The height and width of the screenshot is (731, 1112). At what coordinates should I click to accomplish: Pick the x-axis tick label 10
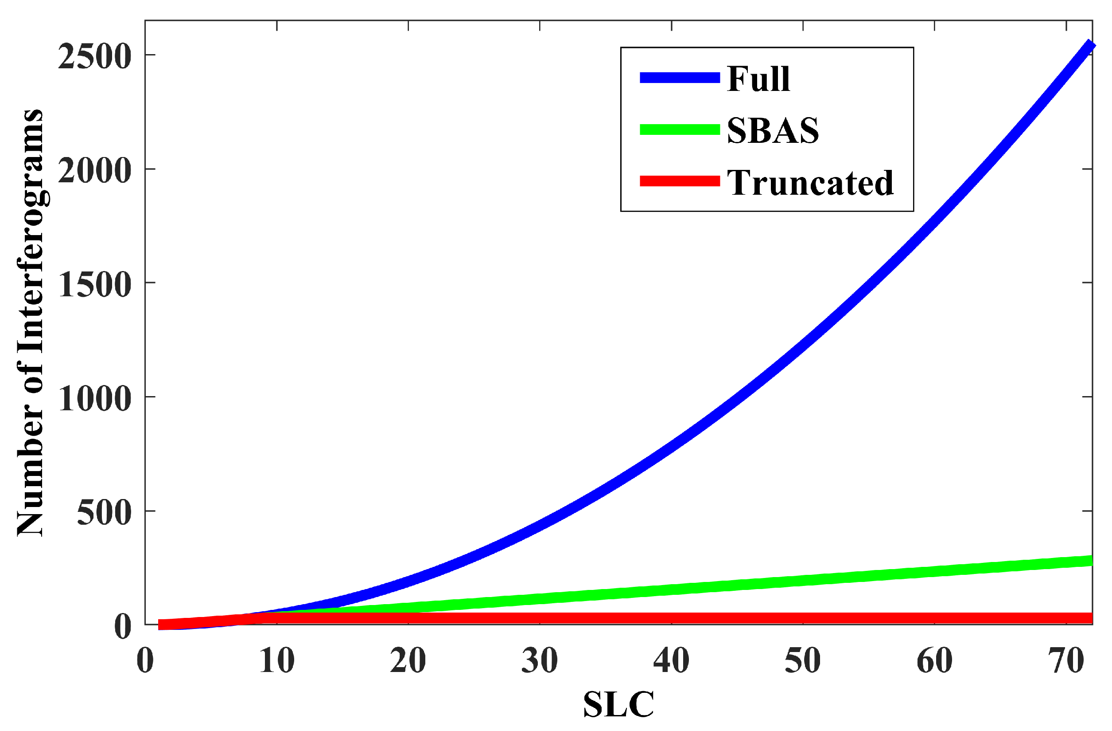coord(276,661)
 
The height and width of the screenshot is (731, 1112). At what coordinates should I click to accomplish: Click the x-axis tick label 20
coord(408,661)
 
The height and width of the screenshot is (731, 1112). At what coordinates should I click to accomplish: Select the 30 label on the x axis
coord(540,661)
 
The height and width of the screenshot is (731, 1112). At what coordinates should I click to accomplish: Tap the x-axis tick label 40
coord(671,661)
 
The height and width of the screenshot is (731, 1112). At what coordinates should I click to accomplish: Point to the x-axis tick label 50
coord(803,661)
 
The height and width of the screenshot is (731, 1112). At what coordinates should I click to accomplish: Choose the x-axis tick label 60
coord(934,661)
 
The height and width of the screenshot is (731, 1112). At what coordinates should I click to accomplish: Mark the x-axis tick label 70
coord(1066,661)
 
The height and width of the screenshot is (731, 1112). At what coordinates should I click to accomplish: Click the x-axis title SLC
coord(618,704)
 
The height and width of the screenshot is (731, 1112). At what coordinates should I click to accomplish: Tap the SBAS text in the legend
coord(773,130)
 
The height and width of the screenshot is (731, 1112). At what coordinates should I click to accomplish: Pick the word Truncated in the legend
coord(810,182)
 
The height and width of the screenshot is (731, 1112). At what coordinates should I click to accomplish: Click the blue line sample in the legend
coord(680,78)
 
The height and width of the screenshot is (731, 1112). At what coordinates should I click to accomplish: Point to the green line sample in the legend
coord(680,130)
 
